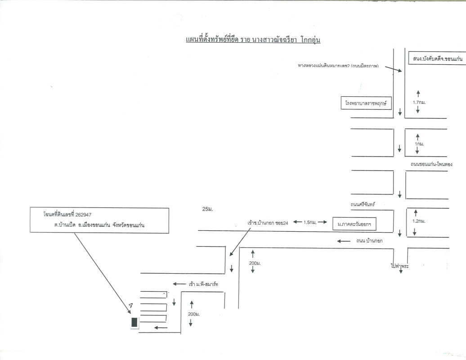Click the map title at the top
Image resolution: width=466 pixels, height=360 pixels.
coord(255,40)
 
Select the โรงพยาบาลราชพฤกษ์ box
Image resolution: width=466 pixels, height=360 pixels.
coord(366,104)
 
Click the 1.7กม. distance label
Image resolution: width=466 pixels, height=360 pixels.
coord(419,103)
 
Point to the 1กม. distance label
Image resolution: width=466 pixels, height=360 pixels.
coord(419,144)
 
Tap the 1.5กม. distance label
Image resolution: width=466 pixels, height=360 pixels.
coord(309,222)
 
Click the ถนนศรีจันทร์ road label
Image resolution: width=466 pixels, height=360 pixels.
coord(363,205)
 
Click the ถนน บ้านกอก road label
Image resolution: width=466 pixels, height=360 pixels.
coord(369,241)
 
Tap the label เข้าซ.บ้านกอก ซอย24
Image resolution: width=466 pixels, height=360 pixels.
coord(268,222)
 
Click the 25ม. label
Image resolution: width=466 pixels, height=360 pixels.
coord(207,209)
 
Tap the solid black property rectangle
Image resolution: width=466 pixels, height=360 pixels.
coord(134,322)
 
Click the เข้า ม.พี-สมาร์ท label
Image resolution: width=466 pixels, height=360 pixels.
coord(203,284)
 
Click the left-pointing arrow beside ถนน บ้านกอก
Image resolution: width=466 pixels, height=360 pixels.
coord(344,241)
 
